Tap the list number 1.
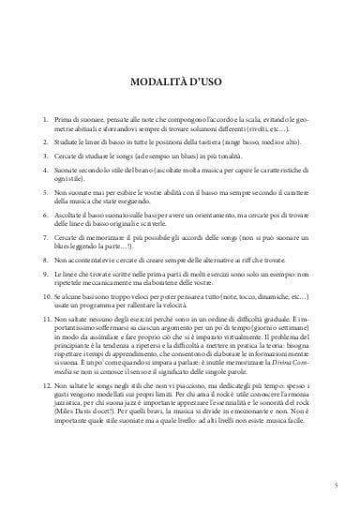(47, 121)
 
